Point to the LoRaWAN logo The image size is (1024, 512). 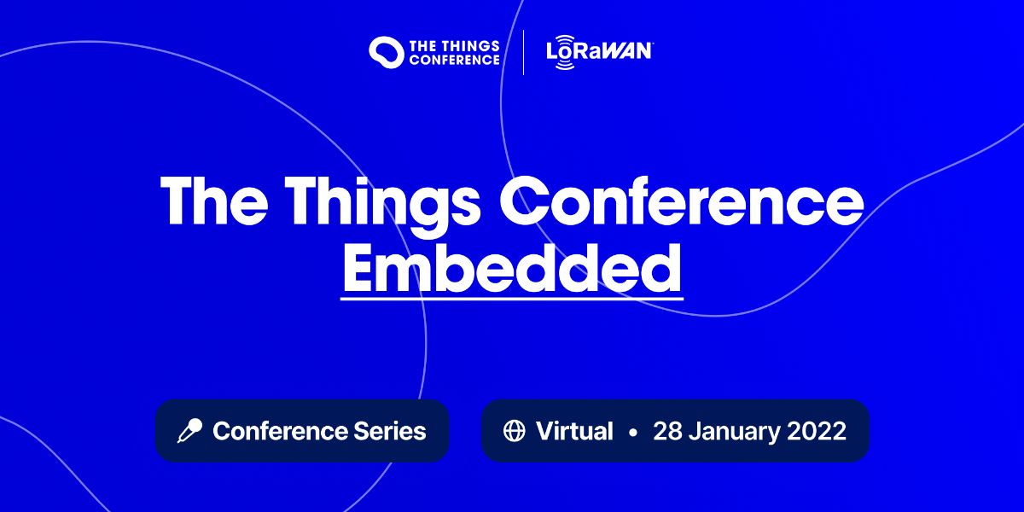click(x=599, y=52)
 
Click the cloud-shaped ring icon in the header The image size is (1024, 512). click(x=386, y=51)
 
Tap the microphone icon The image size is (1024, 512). click(x=189, y=431)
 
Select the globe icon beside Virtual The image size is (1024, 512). click(x=514, y=431)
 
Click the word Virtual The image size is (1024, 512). click(x=574, y=431)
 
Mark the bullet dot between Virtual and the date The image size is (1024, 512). click(x=632, y=432)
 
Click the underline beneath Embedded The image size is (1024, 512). click(x=512, y=298)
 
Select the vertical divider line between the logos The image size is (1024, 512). click(x=523, y=52)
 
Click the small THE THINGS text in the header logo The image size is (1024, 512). click(x=454, y=44)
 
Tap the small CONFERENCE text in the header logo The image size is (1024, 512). click(x=454, y=60)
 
